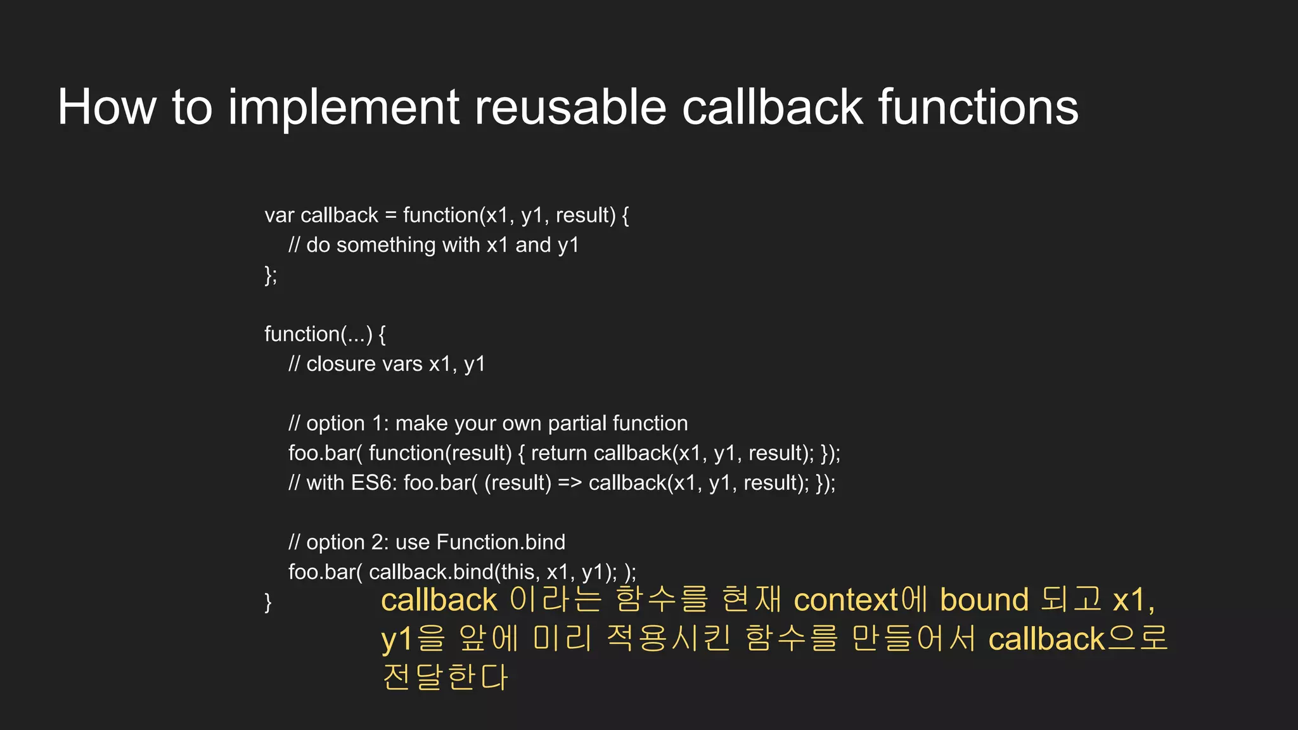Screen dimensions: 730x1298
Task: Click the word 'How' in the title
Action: click(106, 108)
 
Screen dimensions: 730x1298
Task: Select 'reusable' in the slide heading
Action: click(570, 108)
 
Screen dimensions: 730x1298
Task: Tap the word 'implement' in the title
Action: click(343, 108)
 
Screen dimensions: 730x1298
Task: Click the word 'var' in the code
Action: click(279, 216)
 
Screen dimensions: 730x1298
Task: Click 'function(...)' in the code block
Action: click(318, 334)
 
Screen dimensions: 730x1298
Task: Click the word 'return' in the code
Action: click(558, 453)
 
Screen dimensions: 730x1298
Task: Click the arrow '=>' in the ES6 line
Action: click(569, 483)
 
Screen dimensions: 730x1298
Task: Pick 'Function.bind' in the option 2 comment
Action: click(501, 542)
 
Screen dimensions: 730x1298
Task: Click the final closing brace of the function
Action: click(268, 601)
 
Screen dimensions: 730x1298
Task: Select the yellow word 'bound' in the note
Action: click(984, 599)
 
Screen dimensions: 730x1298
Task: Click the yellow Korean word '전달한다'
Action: click(445, 677)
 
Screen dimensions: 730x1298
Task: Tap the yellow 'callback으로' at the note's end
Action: click(1077, 639)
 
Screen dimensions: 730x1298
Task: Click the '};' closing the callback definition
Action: click(271, 275)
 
